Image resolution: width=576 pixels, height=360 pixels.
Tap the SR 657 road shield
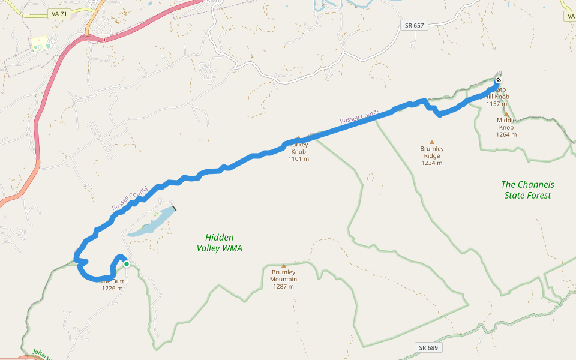(413, 25)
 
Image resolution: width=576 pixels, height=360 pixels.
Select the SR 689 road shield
(427, 347)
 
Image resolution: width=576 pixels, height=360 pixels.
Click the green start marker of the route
(127, 263)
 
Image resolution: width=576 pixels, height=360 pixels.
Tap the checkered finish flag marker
(499, 81)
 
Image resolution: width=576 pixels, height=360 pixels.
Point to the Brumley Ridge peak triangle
(431, 142)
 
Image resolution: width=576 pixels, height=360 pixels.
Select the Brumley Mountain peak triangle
(283, 265)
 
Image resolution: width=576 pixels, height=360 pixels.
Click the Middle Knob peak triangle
(506, 114)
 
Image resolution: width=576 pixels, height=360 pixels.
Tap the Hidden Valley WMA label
(219, 242)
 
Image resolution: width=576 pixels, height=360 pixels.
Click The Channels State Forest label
(527, 190)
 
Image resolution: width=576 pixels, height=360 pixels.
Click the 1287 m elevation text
(283, 286)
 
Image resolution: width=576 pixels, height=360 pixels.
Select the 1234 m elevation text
(431, 163)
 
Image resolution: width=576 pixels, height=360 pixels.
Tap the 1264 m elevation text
(506, 134)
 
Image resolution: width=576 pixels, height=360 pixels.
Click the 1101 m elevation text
(298, 159)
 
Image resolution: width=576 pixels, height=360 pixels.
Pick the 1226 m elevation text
(112, 288)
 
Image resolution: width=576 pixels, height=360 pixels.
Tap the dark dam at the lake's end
(174, 208)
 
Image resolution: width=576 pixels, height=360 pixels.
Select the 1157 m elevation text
(497, 104)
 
